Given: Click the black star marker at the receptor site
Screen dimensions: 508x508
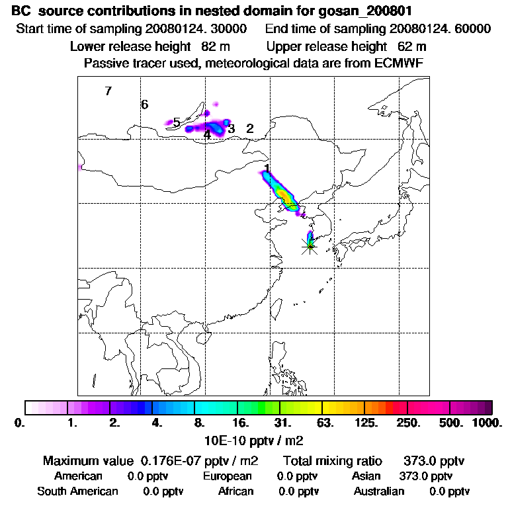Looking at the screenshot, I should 310,245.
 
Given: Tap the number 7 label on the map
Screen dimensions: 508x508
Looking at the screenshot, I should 108,91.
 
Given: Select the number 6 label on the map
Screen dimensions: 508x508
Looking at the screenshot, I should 144,105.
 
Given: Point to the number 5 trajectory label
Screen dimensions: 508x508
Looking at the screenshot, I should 177,122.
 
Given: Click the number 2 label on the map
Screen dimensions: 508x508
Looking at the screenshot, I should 249,128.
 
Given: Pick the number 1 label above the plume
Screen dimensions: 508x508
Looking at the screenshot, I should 267,169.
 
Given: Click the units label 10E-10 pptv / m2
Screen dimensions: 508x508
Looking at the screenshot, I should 255,439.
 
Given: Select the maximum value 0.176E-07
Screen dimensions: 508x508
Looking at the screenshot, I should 171,460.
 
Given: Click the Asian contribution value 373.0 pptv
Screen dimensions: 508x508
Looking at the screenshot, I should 426,476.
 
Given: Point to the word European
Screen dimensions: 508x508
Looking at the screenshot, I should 227,476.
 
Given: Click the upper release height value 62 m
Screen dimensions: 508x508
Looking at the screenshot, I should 411,46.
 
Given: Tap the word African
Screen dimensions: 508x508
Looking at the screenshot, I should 235,491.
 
